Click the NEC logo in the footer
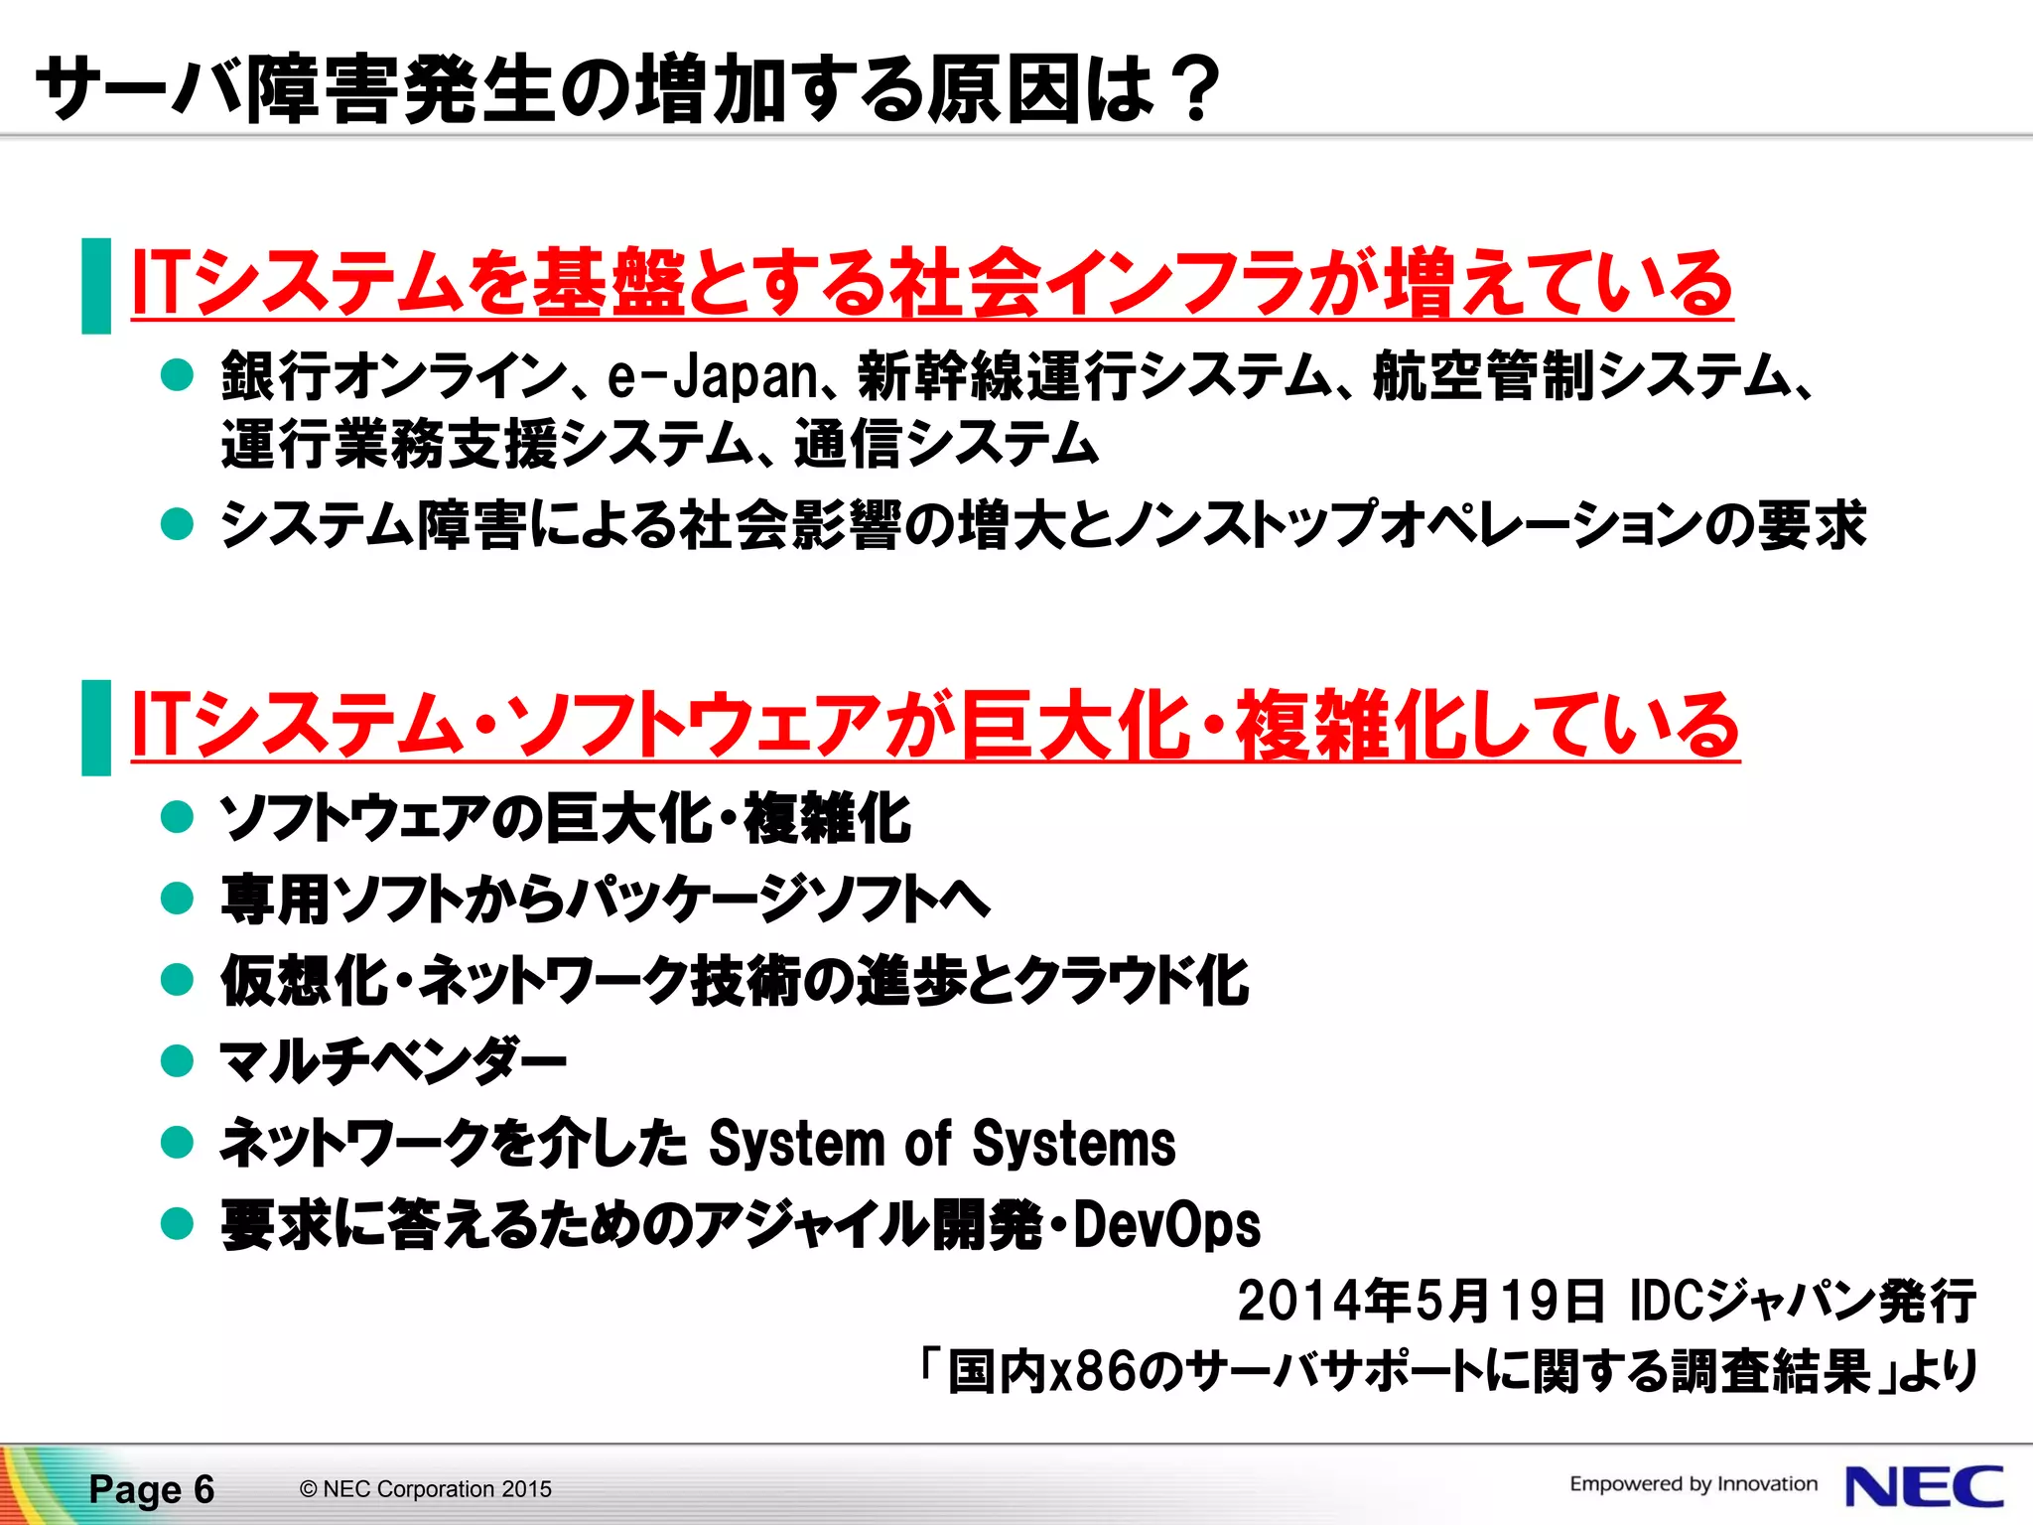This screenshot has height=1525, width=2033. click(1924, 1487)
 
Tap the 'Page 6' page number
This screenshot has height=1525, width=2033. click(151, 1489)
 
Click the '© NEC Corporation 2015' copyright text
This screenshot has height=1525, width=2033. click(425, 1489)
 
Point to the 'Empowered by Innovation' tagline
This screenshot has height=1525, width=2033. click(1693, 1484)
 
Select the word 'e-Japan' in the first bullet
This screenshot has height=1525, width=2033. click(712, 377)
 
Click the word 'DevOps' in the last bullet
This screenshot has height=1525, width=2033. click(1166, 1225)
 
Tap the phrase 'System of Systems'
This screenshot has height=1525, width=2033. click(941, 1144)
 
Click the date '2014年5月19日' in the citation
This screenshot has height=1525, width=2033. click(1420, 1301)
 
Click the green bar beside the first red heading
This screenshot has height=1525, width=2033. click(96, 286)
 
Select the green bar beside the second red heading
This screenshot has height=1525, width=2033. click(96, 728)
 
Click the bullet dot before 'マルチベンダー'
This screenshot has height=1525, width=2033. click(177, 1061)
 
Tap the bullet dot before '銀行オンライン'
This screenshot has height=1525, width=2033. click(177, 376)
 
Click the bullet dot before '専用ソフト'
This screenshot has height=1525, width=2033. click(177, 899)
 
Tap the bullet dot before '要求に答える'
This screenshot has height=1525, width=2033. click(177, 1224)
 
